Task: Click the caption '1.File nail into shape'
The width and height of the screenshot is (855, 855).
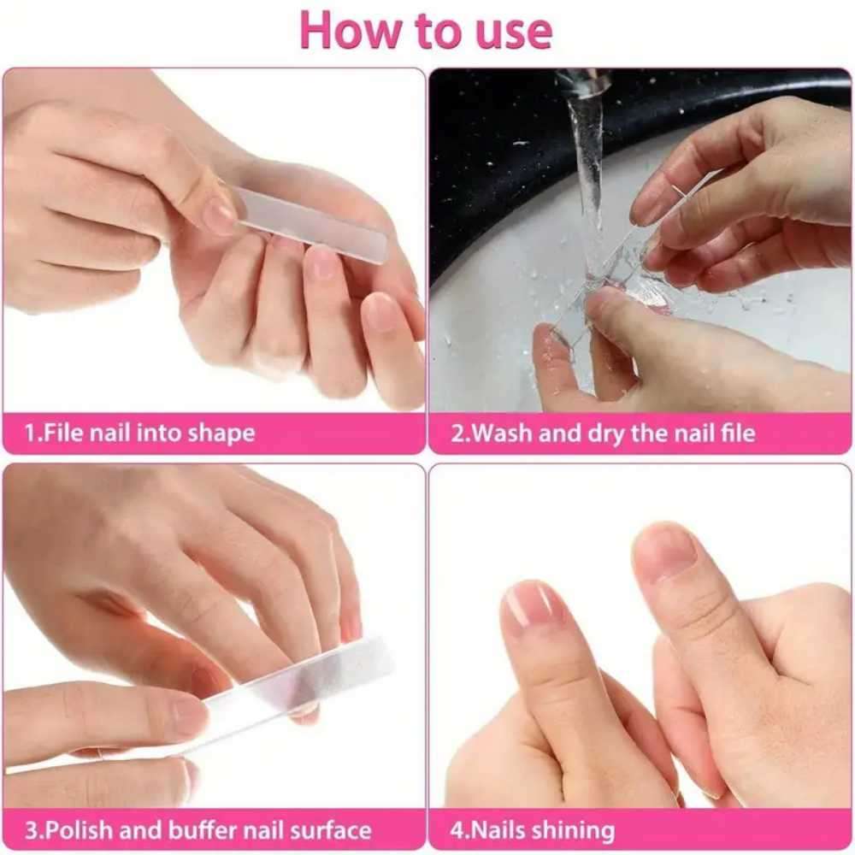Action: (x=139, y=433)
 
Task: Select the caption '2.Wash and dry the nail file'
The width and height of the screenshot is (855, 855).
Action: (x=604, y=433)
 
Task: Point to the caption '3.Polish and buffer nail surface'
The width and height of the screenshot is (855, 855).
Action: (x=198, y=829)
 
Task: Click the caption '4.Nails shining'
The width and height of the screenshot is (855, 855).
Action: (x=533, y=829)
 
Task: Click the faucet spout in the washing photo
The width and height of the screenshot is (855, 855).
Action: (x=584, y=84)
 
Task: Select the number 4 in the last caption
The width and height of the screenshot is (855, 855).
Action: (x=457, y=829)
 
